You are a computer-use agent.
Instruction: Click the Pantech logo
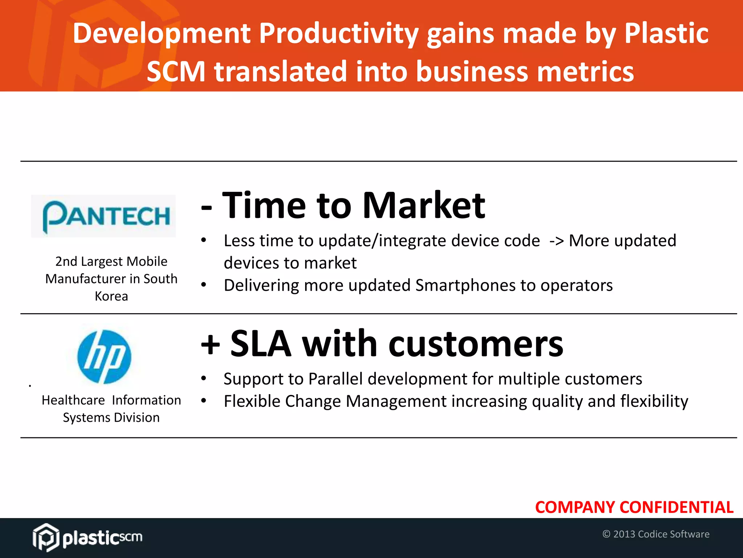pos(104,216)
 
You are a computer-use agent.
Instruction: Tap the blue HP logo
pos(104,357)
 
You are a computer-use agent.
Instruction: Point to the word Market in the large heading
pos(423,206)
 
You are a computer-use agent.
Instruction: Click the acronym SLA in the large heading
pos(260,344)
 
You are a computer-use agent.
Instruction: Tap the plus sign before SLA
pos(210,344)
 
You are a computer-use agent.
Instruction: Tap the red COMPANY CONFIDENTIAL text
pos(634,507)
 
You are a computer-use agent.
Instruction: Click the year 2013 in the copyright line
pos(624,534)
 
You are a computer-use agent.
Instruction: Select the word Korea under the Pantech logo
pos(111,296)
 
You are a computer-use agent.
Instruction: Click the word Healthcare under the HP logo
pos(73,400)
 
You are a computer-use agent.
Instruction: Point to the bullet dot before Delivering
pos(204,285)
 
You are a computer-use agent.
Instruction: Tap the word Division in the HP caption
pos(136,418)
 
